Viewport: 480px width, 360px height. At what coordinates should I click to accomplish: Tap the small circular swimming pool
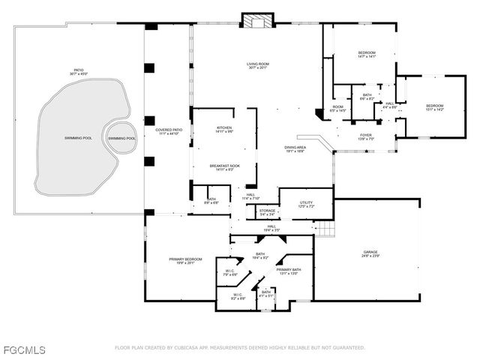[121, 138]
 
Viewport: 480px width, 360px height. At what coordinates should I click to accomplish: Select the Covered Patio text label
[169, 132]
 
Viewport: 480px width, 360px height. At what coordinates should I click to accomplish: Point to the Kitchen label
[224, 130]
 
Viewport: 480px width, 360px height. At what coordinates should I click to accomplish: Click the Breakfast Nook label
[224, 168]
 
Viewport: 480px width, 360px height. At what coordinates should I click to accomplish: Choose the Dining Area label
[295, 149]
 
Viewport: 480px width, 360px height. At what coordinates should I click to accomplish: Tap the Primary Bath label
[288, 271]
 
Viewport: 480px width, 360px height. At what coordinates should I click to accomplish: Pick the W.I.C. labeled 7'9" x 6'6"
[229, 273]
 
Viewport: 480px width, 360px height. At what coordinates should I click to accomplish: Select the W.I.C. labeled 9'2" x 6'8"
[237, 297]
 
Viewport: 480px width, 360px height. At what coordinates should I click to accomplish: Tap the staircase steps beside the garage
[323, 227]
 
